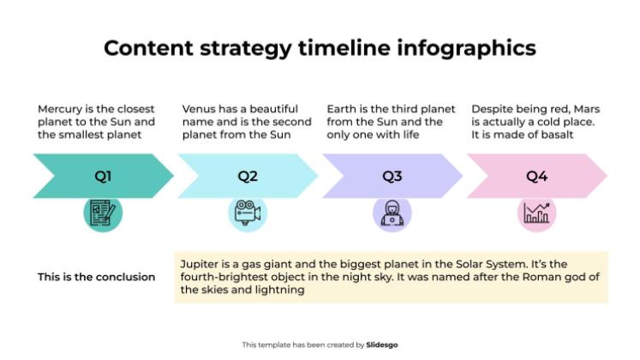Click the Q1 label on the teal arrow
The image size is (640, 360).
103,177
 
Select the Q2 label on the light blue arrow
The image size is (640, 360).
248,177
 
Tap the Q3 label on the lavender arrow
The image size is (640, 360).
392,177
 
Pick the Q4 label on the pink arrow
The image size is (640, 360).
537,177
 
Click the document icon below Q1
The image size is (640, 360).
103,213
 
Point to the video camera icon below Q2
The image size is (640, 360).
248,213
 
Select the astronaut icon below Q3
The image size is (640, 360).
392,213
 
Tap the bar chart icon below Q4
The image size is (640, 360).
537,213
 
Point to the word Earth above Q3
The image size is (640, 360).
342,109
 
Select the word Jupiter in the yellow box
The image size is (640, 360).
199,264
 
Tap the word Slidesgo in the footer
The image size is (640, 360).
382,345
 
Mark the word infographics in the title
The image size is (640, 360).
467,47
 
